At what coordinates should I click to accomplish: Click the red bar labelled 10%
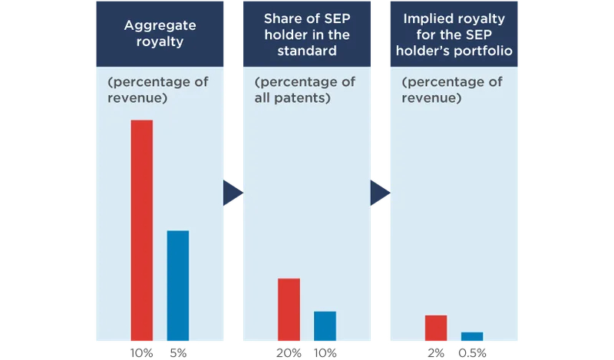pyautogui.click(x=142, y=230)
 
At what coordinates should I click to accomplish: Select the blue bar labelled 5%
pyautogui.click(x=178, y=285)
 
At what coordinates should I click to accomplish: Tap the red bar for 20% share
pyautogui.click(x=289, y=309)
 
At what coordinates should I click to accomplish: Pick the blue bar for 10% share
pyautogui.click(x=325, y=325)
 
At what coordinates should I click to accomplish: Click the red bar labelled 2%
pyautogui.click(x=436, y=327)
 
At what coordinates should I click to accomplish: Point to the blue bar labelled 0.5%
pyautogui.click(x=472, y=335)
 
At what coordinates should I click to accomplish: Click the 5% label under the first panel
pyautogui.click(x=177, y=353)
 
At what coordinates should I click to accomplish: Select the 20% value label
pyautogui.click(x=289, y=353)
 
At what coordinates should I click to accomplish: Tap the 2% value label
pyautogui.click(x=436, y=353)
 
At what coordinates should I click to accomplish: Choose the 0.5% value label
pyautogui.click(x=471, y=353)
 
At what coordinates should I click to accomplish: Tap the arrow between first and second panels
pyautogui.click(x=232, y=193)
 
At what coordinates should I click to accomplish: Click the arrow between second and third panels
pyautogui.click(x=379, y=193)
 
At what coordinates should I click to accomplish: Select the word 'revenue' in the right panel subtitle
pyautogui.click(x=432, y=99)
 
